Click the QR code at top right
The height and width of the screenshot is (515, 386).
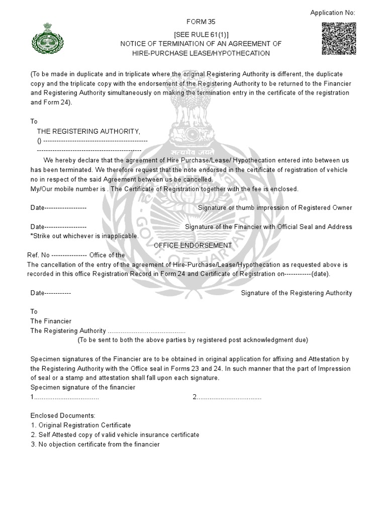pos(338,38)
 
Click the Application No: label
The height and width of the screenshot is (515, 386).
pos(333,13)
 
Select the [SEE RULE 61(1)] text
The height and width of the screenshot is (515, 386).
pos(201,34)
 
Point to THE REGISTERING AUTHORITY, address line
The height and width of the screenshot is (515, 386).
pos(89,131)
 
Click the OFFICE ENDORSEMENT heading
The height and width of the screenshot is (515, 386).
pos(192,245)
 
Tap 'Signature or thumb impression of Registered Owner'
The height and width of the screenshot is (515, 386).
pos(275,208)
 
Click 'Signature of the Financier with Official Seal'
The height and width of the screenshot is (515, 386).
pos(268,227)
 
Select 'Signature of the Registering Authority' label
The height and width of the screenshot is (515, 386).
pos(297,293)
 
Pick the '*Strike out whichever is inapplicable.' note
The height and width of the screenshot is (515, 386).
pos(84,236)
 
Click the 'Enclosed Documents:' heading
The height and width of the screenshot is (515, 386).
pos(63,416)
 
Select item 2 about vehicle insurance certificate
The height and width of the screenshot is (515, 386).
pos(115,435)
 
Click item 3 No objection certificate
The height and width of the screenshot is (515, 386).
pos(95,445)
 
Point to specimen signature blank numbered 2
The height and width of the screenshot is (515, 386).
pos(227,397)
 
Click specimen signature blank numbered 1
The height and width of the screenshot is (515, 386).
pos(65,397)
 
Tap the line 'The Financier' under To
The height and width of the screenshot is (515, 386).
pos(51,321)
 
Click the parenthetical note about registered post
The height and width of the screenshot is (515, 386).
pos(192,340)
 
